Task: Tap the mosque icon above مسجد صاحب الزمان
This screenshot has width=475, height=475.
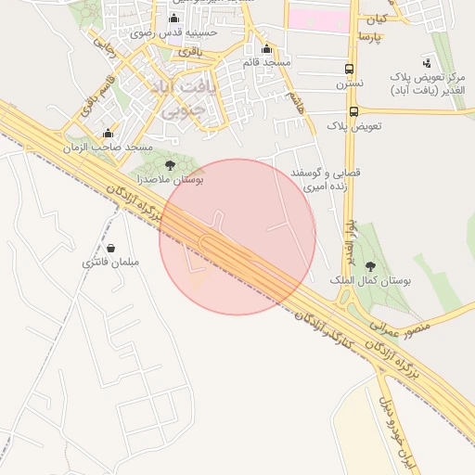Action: tap(109, 134)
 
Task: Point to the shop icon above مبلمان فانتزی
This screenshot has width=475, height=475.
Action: tap(111, 249)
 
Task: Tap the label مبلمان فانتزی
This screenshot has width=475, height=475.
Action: tap(110, 263)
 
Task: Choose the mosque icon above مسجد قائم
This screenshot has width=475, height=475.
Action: tap(267, 49)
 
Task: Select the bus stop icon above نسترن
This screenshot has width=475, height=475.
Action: tap(350, 70)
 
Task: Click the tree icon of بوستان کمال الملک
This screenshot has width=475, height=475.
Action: tap(371, 265)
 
